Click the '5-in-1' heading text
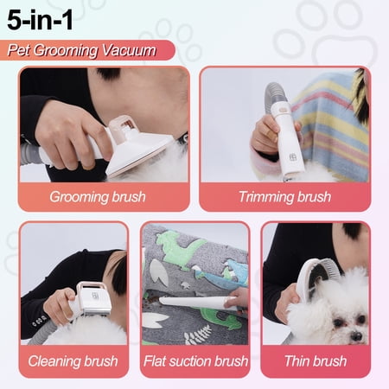(x=40, y=20)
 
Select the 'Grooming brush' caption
(x=98, y=197)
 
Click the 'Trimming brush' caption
(x=284, y=197)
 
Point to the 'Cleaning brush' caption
(x=73, y=361)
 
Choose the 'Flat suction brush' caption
(x=195, y=361)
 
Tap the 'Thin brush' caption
(x=316, y=361)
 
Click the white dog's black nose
(x=356, y=336)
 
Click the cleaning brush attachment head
(x=93, y=299)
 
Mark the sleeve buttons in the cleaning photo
(x=39, y=321)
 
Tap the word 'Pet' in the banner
(x=18, y=50)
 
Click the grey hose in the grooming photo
(x=31, y=154)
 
